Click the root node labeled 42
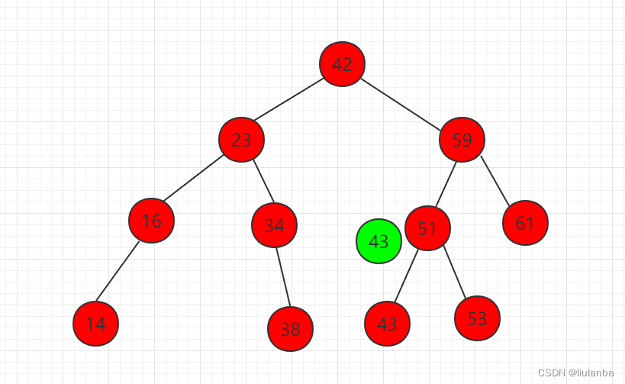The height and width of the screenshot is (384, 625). point(342,64)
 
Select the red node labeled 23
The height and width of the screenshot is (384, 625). point(241,140)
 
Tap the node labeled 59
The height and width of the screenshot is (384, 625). point(462,140)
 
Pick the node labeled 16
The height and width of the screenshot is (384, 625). point(151,221)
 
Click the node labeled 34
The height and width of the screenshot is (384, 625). point(274,225)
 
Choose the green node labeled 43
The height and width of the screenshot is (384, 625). point(379,241)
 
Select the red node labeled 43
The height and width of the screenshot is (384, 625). point(387,324)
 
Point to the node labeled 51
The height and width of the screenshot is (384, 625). point(427,227)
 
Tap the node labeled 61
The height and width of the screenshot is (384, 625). point(525,223)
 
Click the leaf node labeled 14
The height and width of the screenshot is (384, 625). point(95,324)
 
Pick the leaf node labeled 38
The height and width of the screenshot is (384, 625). point(290,329)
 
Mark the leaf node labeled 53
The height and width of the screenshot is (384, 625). point(477,318)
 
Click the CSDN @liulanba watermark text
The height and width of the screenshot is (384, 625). point(575,373)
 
